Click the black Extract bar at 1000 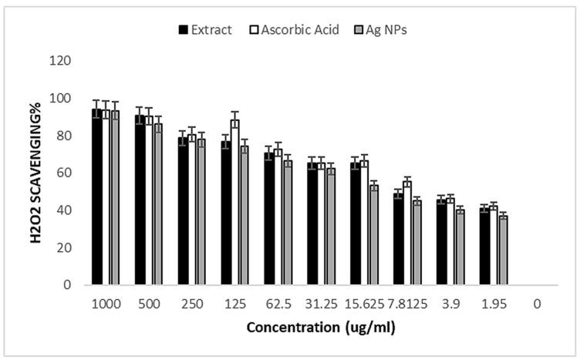(x=97, y=197)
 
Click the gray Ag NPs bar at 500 (x=158, y=204)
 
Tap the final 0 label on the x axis (x=536, y=303)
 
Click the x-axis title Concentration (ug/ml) (x=322, y=327)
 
